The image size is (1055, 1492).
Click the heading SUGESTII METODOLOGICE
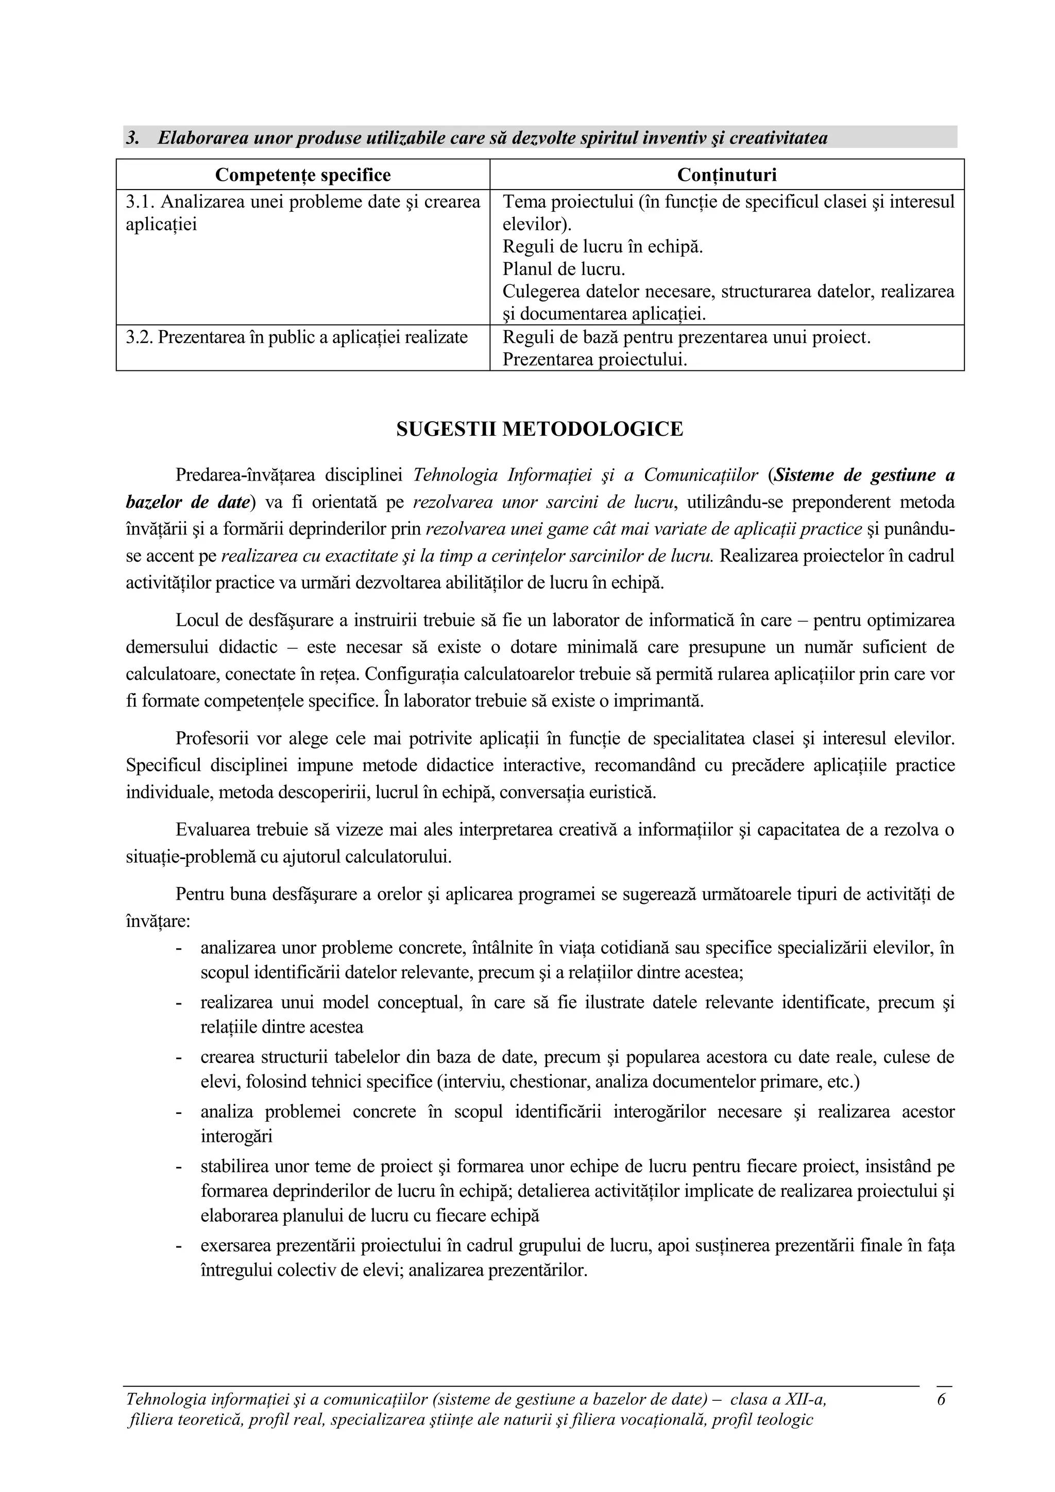[x=539, y=430]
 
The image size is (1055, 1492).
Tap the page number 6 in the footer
[x=941, y=1398]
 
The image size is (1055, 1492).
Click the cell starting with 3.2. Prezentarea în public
[x=296, y=337]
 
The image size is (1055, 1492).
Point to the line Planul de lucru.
[x=564, y=269]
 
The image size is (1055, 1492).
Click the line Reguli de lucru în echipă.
[x=603, y=247]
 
